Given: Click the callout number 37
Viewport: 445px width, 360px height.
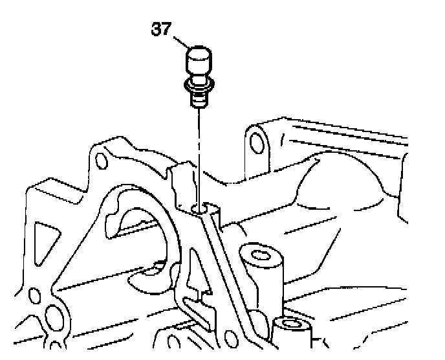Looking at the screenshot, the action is (x=162, y=29).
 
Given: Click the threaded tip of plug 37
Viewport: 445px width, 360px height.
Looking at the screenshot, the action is (x=197, y=99).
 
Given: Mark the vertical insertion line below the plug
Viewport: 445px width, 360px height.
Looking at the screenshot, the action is (x=198, y=155).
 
